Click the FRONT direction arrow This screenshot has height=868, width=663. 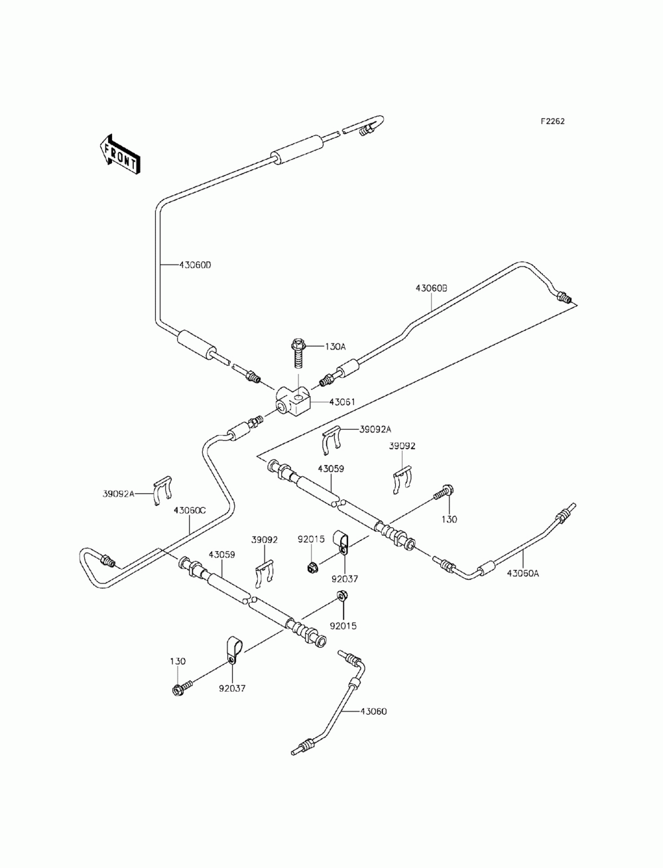(x=119, y=155)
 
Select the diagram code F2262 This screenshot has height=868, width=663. (x=552, y=121)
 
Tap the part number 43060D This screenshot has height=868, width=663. (x=196, y=265)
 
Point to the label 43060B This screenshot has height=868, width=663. (x=432, y=288)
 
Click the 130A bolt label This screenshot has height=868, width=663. (x=335, y=347)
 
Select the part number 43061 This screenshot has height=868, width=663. (x=342, y=402)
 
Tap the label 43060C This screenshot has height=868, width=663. (x=190, y=511)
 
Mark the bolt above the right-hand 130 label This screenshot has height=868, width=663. (x=444, y=491)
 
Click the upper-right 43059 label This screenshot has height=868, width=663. (x=331, y=469)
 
